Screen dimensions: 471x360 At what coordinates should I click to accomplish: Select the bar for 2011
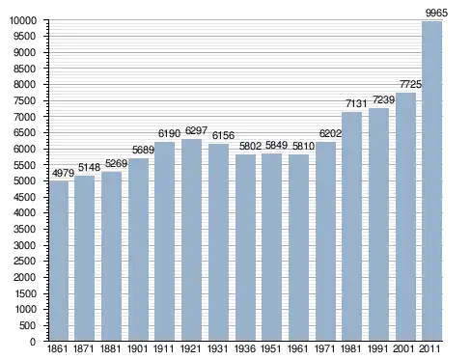[x=431, y=181]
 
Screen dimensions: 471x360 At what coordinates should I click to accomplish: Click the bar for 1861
[x=59, y=261]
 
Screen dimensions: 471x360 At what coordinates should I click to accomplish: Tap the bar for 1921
[x=191, y=240]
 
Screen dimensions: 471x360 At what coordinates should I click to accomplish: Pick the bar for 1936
[x=245, y=248]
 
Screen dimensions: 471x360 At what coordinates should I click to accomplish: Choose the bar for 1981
[x=351, y=227]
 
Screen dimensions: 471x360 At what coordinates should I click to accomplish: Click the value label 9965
[x=436, y=14]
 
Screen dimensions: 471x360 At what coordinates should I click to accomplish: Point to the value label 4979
[x=63, y=173]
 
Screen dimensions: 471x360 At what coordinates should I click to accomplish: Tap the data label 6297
[x=196, y=131]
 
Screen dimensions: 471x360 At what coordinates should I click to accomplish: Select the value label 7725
[x=410, y=84]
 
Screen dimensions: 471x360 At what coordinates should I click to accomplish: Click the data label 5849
[x=276, y=145]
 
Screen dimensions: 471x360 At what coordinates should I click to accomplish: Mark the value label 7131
[x=356, y=103]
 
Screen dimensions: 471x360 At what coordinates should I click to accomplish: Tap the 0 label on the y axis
[x=33, y=342]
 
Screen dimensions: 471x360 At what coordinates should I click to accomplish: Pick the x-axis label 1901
[x=138, y=348]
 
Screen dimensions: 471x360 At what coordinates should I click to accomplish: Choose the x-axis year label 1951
[x=271, y=348]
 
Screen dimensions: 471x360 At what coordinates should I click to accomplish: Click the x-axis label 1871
[x=84, y=348]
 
